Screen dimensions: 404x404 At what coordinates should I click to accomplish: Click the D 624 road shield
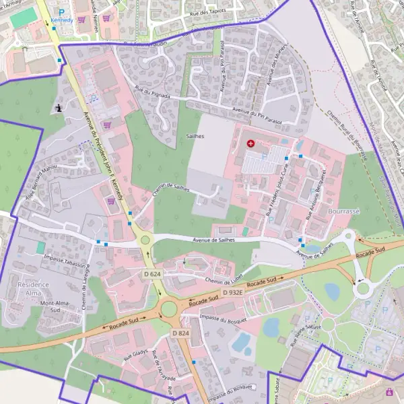153,274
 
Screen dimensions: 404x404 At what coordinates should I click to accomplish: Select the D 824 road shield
180,333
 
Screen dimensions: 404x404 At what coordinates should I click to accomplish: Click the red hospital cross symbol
251,143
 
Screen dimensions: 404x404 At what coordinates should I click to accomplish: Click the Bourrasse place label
343,211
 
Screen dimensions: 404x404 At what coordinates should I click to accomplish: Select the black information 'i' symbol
60,107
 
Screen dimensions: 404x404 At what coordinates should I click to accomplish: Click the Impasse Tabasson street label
65,259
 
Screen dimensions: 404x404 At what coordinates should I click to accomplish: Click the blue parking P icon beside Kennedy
61,11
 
